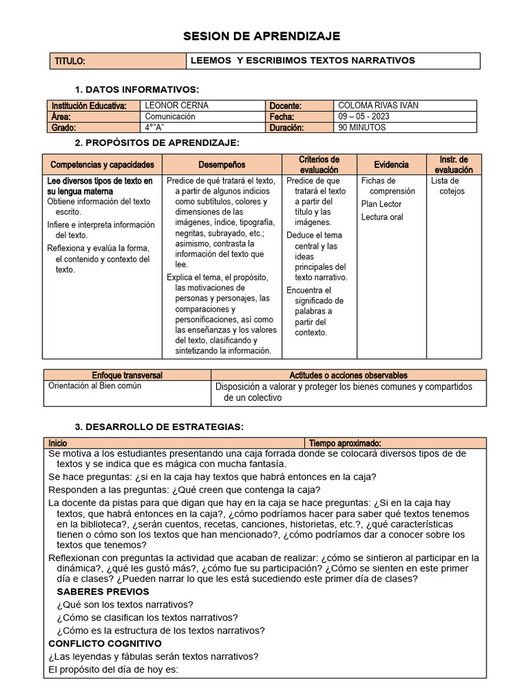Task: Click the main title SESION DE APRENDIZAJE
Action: tap(262, 36)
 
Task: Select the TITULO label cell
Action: tap(70, 61)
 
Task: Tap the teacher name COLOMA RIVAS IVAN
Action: tap(378, 106)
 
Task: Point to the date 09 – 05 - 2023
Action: tap(364, 117)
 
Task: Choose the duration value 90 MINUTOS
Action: tap(362, 127)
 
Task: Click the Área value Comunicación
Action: tap(170, 117)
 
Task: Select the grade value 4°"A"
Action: tap(156, 127)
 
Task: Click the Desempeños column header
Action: tap(222, 165)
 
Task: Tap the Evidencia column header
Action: tap(391, 165)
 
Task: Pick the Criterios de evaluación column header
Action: tap(319, 165)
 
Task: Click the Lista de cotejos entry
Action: tap(448, 186)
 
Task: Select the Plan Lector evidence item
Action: tap(381, 204)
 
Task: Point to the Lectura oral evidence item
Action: tap(382, 217)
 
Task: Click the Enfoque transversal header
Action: tap(127, 375)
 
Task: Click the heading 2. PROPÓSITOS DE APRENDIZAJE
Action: tap(157, 142)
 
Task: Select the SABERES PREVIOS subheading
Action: tap(102, 592)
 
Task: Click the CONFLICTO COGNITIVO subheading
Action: tap(105, 643)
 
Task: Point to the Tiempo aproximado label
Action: tap(345, 443)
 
